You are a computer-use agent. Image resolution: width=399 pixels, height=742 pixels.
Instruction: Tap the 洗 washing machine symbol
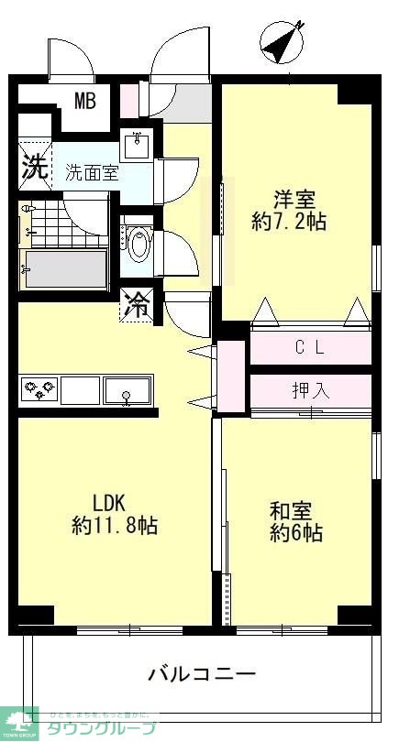pos(35,168)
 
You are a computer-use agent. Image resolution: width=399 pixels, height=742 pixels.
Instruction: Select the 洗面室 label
pos(91,172)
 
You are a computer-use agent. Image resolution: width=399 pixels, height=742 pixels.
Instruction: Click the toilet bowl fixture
pos(139,245)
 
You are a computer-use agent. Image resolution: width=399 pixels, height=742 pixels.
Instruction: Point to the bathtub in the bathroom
pos(64,267)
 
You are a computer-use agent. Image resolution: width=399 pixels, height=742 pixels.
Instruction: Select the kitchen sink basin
pos(127,390)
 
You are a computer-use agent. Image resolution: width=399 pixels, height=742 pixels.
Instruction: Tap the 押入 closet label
pos(312,390)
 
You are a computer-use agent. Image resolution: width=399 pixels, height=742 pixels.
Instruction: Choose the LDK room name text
pos(114,502)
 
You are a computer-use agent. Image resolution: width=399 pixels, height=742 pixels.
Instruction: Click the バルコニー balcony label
pos(202,674)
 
